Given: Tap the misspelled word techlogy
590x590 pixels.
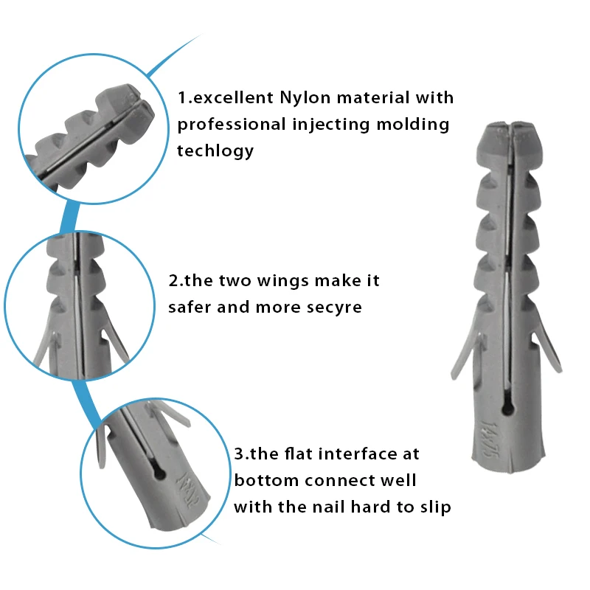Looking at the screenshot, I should (x=215, y=151).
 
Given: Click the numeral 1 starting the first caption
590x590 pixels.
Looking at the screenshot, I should (x=181, y=97).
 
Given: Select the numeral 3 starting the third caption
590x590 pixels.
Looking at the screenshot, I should (x=238, y=454).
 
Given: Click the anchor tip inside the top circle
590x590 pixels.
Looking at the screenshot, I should (x=136, y=103).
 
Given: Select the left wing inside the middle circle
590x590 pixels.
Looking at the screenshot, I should (x=44, y=347).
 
